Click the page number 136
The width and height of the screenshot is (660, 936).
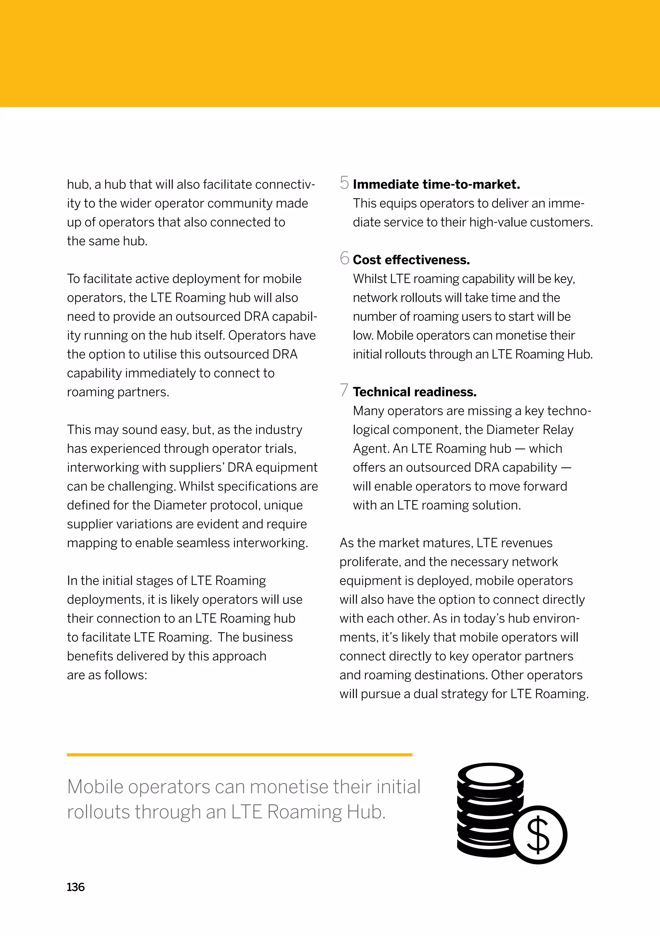[x=75, y=887]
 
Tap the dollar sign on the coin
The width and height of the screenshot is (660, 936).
[x=538, y=835]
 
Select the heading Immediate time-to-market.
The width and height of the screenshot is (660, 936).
[x=436, y=185]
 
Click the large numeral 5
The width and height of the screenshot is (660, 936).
[x=344, y=183]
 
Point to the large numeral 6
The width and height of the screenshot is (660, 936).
[x=344, y=258]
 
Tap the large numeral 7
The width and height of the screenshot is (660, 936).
[x=344, y=390]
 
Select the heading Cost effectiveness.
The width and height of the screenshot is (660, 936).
[x=411, y=260]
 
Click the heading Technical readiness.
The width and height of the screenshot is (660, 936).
[x=414, y=392]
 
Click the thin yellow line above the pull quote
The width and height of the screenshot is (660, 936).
[x=239, y=755]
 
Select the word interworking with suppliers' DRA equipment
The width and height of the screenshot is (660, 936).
[x=192, y=468]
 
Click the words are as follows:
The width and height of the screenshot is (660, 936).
[x=107, y=675]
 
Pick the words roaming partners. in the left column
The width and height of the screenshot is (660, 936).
[x=118, y=392]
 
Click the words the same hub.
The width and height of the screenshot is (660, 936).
[x=107, y=241]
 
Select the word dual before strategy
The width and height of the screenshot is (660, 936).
[x=425, y=694]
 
